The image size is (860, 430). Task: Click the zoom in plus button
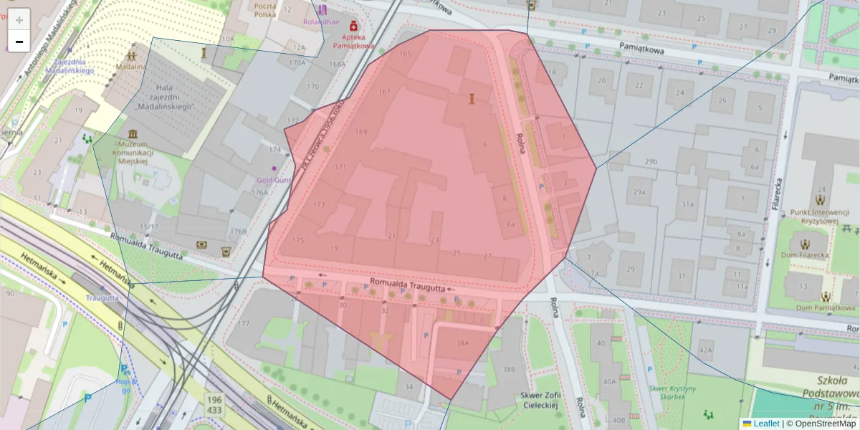[19, 20]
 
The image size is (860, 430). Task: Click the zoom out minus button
[19, 42]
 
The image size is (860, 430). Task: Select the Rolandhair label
[320, 21]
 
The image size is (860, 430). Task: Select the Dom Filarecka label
[806, 254]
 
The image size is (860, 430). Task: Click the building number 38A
[462, 343]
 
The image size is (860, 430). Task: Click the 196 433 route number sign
[214, 404]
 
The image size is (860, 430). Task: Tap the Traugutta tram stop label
[102, 297]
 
